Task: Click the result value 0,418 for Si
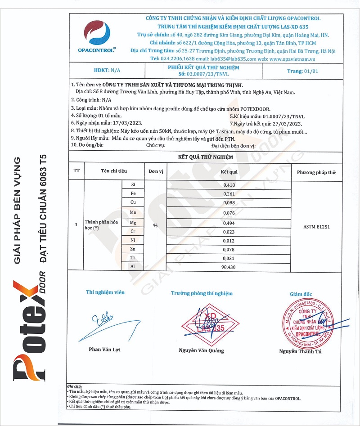[x=229, y=185]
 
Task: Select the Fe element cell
[x=133, y=193]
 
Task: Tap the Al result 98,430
[x=229, y=266]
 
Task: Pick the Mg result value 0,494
[x=229, y=223]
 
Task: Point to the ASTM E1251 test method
[x=316, y=227]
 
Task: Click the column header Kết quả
[x=229, y=172]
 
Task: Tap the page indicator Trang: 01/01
[x=302, y=71]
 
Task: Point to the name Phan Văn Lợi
[x=104, y=349]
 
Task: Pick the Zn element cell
[x=133, y=248]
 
